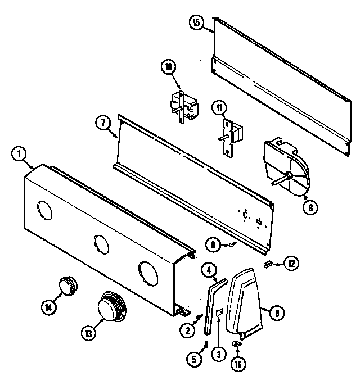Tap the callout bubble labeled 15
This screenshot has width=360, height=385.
tap(195, 22)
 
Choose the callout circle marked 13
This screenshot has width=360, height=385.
tap(88, 332)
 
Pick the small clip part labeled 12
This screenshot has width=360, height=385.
tap(268, 262)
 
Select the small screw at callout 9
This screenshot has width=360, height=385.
tap(231, 245)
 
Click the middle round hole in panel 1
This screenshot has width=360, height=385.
tap(101, 244)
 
